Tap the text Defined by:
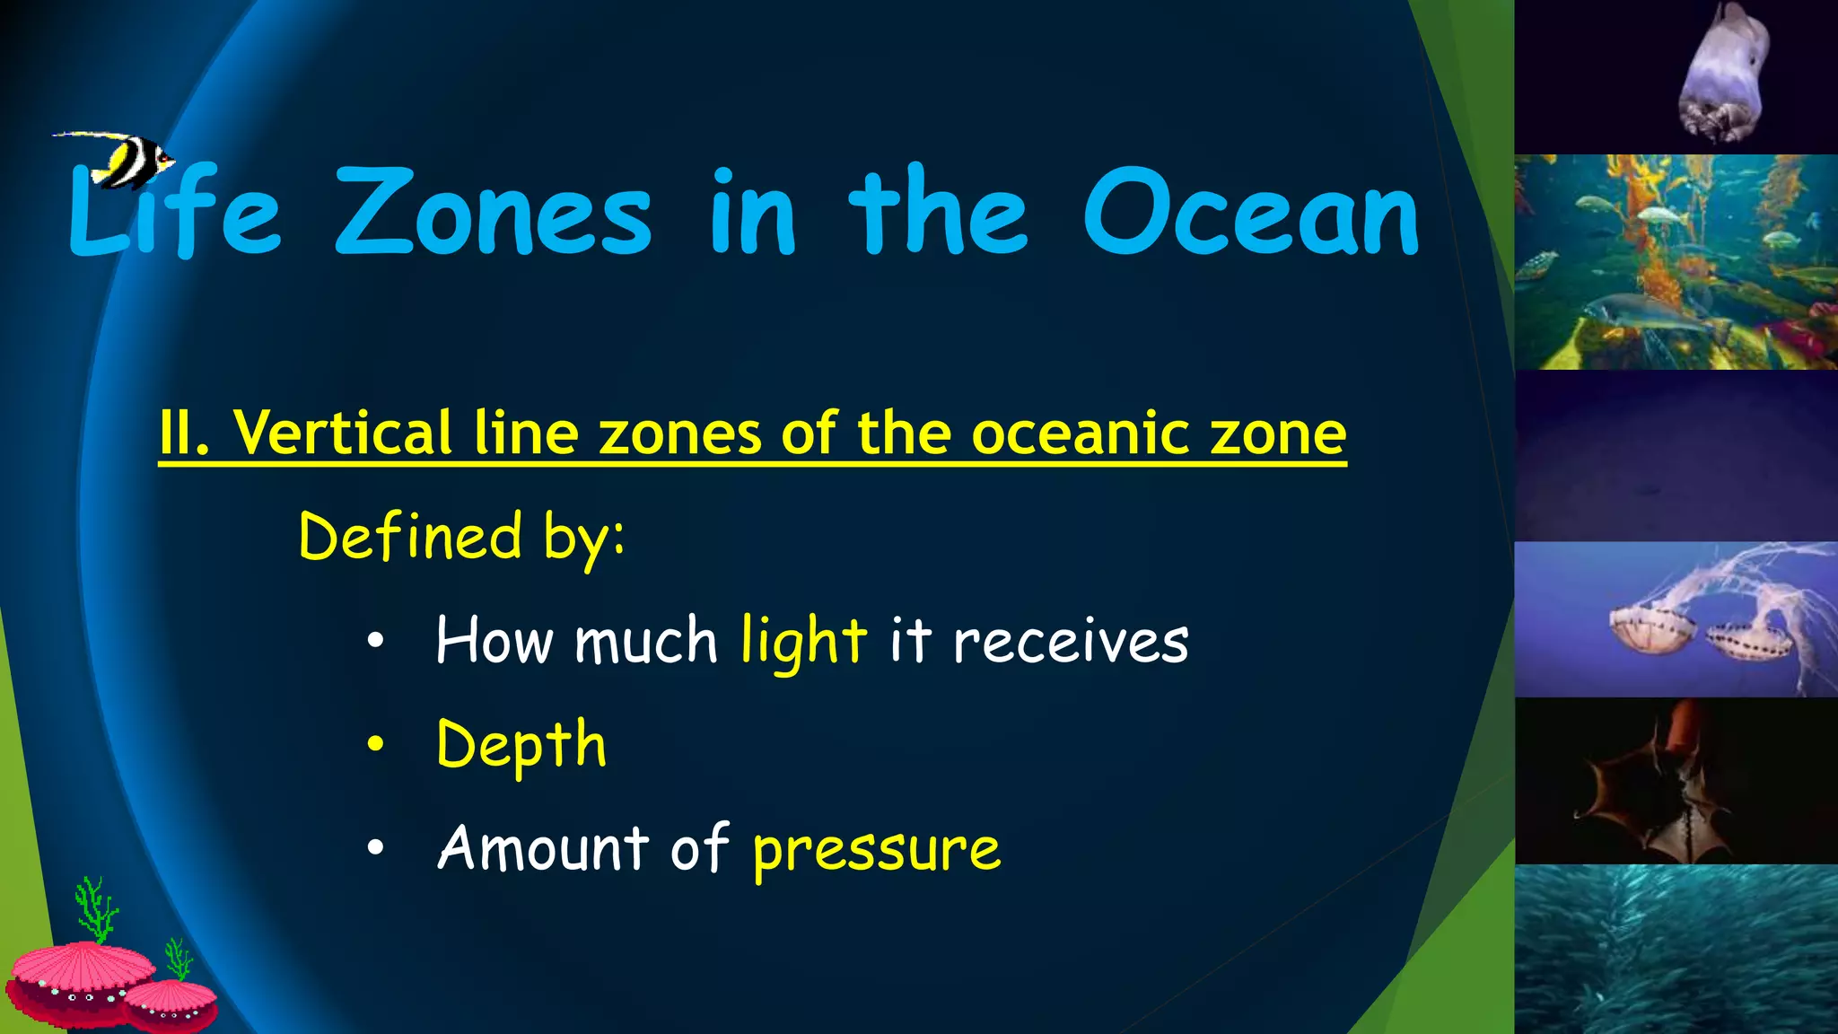pos(461,537)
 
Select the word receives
pos(1070,642)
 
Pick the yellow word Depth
pos(521,745)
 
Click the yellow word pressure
pos(876,849)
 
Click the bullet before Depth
pos(375,744)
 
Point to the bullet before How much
pos(375,641)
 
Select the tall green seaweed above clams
pos(96,908)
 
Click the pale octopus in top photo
pos(1724,76)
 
